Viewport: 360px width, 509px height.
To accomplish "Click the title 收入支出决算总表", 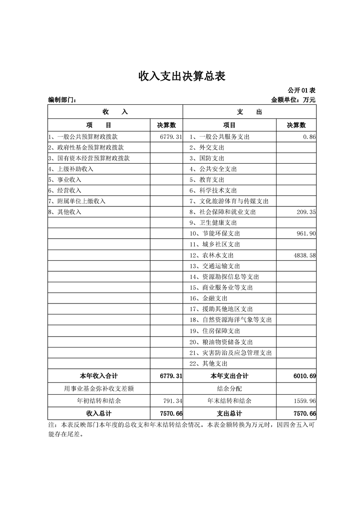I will pos(182,76).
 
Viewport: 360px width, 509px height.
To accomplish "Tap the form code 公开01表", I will pos(301,91).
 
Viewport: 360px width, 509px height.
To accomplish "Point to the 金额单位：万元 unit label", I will pos(293,100).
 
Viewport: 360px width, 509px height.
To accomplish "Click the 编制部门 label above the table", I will pos(62,100).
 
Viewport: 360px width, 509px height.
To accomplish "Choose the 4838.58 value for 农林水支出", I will pos(304,255).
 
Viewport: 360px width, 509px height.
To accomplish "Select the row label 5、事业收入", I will pos(65,180).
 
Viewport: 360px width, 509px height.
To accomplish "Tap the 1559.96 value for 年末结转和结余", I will pos(305,401).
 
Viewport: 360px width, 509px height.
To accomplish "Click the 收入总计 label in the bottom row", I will pos(99,414).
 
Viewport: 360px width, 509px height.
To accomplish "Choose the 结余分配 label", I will pos(229,389).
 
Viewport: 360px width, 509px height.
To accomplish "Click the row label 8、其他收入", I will pos(65,212).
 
